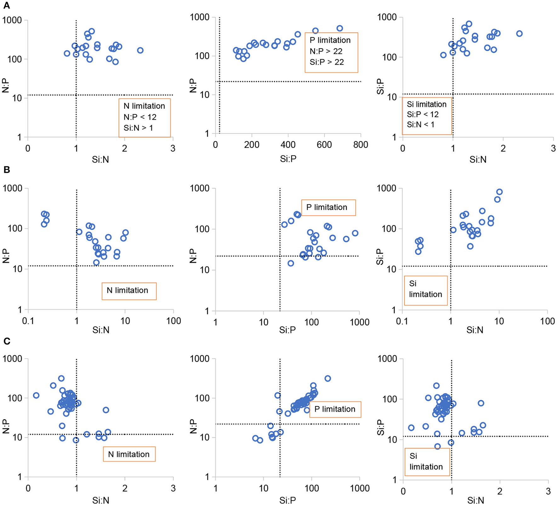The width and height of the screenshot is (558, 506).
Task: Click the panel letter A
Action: [6, 5]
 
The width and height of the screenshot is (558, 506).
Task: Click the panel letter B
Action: [6, 170]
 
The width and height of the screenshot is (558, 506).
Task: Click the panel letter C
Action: [6, 341]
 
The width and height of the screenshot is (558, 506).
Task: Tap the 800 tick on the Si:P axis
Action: [361, 145]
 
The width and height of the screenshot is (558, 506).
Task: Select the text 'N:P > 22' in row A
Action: [326, 51]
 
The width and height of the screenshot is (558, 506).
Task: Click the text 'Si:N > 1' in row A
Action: [138, 128]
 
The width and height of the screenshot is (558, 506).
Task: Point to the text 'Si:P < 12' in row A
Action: [423, 114]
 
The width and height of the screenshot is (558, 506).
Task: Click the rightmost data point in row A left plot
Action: [140, 50]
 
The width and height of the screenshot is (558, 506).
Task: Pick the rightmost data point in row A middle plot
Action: [339, 28]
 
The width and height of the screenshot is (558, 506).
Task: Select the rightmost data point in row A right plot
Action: [519, 34]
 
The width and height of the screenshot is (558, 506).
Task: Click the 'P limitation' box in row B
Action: [328, 208]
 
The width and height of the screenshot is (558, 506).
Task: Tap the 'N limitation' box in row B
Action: [129, 291]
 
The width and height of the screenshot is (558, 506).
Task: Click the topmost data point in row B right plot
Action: [499, 192]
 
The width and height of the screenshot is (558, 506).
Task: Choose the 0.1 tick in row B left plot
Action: [28, 321]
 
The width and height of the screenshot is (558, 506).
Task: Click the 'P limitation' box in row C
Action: [335, 409]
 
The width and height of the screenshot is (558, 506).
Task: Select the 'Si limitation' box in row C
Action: [426, 462]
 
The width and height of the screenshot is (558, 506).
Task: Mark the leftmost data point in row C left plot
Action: [36, 395]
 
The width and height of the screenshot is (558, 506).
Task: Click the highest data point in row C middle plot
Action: [327, 378]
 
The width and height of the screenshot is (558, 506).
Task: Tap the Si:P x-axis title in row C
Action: [287, 500]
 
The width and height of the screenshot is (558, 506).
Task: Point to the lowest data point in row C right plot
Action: [437, 446]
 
